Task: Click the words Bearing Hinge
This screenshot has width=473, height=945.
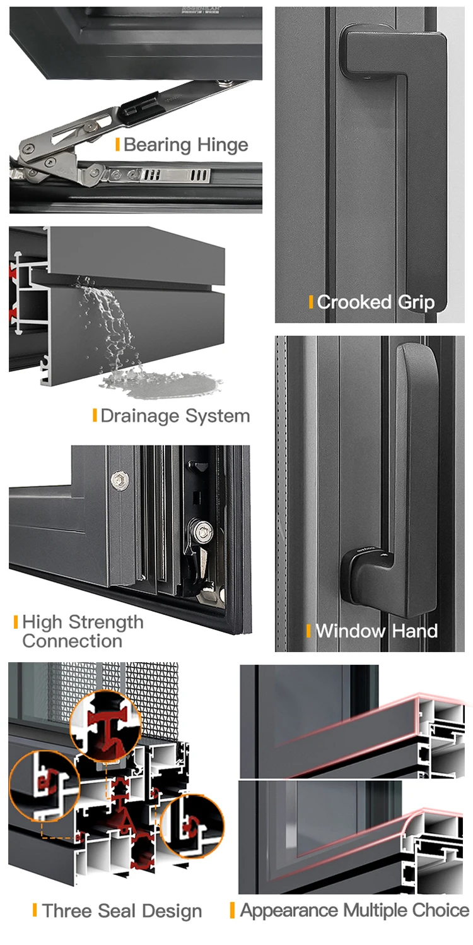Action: (x=185, y=145)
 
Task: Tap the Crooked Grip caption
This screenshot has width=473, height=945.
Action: (x=376, y=302)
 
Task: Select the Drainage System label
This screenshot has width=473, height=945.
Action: (x=175, y=416)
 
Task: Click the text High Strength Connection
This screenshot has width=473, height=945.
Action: (x=83, y=631)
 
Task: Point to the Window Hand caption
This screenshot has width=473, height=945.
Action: (x=376, y=631)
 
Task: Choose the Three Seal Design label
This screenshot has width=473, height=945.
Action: (x=122, y=911)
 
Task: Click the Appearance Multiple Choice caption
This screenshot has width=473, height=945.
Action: (x=354, y=910)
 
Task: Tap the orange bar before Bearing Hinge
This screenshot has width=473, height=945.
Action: (x=117, y=145)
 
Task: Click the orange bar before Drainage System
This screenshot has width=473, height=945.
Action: (x=95, y=415)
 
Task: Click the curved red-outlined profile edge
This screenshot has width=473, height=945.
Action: (x=416, y=819)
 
